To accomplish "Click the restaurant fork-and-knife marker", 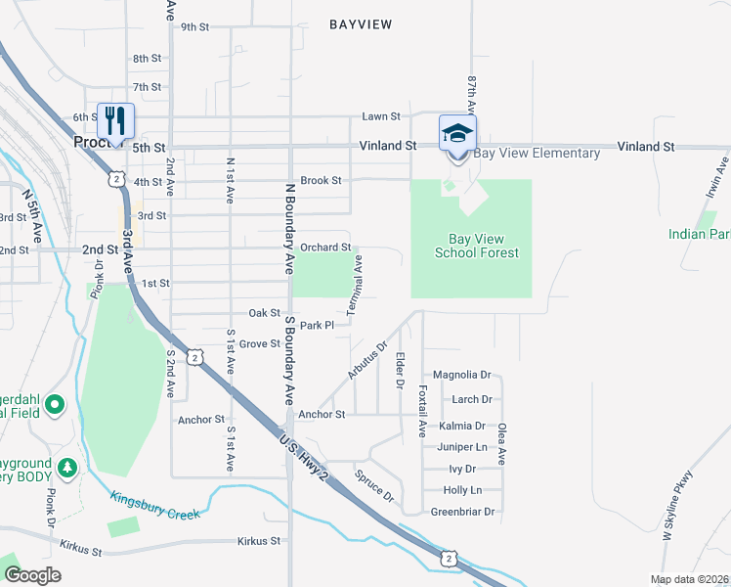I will tap(116, 121).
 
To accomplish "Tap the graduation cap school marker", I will tap(456, 132).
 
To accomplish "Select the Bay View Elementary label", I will tap(537, 154).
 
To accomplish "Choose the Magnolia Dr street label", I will tap(461, 375).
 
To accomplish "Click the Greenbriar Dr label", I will tap(463, 512).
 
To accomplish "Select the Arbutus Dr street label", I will tap(367, 360).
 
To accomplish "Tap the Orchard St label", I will tap(325, 248).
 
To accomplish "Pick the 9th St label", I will tap(195, 26).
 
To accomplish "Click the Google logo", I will tap(32, 575).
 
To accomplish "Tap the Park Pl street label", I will tap(318, 325).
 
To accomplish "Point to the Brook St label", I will tap(321, 180).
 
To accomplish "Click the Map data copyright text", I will tap(690, 579).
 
